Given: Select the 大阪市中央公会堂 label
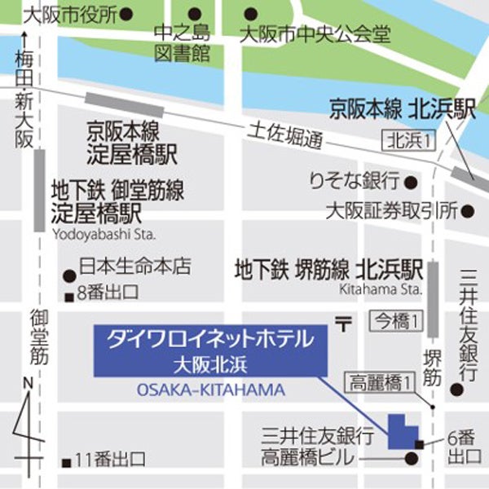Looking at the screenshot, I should pyautogui.click(x=315, y=35).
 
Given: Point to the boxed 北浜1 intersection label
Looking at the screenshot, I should pyautogui.click(x=410, y=141).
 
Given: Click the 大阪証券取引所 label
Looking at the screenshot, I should pyautogui.click(x=390, y=211).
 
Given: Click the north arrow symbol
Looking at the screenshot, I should pyautogui.click(x=29, y=428).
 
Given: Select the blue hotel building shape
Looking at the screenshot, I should pyautogui.click(x=399, y=431).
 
